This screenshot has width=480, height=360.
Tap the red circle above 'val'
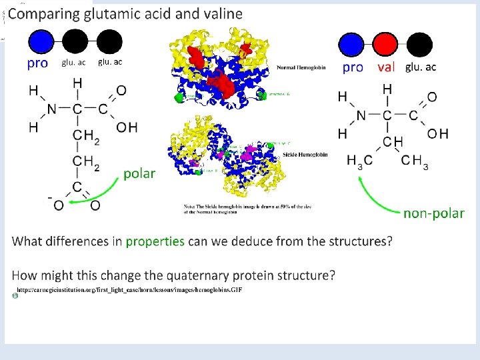coord(385,45)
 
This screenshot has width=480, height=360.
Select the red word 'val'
coord(386,67)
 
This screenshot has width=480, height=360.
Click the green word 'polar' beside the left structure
coord(139,173)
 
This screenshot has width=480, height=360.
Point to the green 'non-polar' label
coord(434,213)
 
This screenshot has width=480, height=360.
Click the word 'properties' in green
coord(155,241)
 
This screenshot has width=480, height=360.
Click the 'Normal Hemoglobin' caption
coord(301,67)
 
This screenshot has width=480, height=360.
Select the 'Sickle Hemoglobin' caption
coord(305,154)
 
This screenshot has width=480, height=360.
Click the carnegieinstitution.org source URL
coord(129,291)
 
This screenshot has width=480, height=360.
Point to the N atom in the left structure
coord(51,109)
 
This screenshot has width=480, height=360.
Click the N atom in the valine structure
coord(361,115)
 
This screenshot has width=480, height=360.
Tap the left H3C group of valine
coord(360,161)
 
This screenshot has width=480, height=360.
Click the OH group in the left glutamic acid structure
coord(127,127)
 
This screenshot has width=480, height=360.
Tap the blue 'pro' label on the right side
coord(353,67)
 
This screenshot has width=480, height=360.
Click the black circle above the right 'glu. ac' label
coord(419,45)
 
